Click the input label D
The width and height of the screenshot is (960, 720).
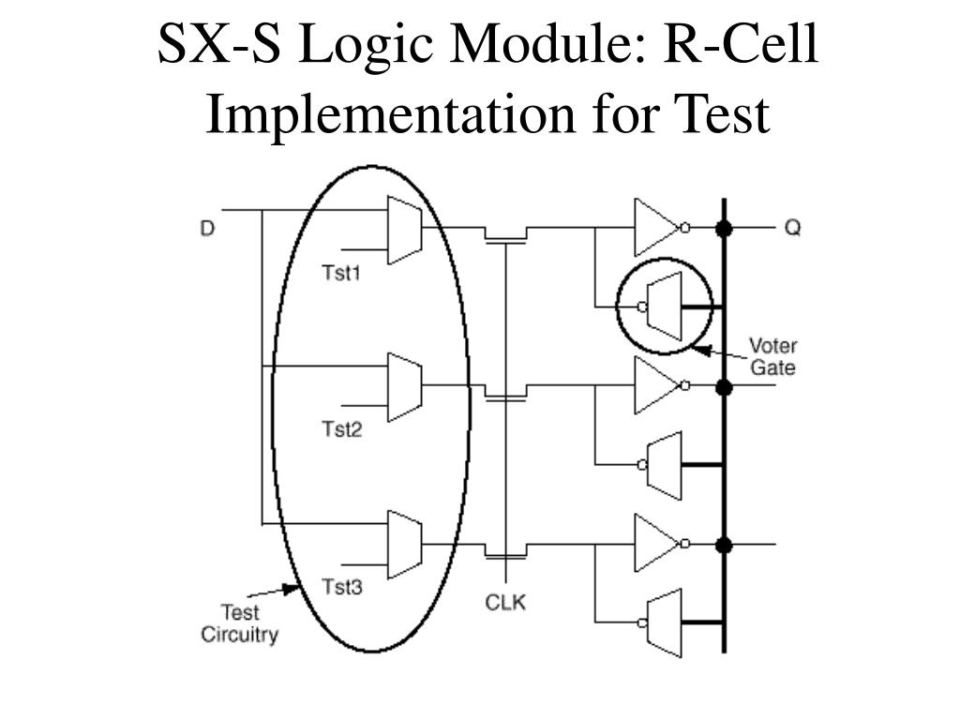pyautogui.click(x=207, y=228)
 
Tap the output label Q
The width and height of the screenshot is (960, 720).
pyautogui.click(x=792, y=228)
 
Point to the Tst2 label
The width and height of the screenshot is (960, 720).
pyautogui.click(x=341, y=429)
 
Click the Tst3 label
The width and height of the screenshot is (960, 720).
pyautogui.click(x=341, y=587)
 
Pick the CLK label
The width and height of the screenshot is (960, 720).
pyautogui.click(x=505, y=603)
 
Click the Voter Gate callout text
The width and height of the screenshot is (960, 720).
pyautogui.click(x=772, y=356)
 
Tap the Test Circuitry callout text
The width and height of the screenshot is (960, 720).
pyautogui.click(x=240, y=623)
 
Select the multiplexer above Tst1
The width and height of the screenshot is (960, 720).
pyautogui.click(x=405, y=230)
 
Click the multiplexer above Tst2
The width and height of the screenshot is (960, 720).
pyautogui.click(x=405, y=385)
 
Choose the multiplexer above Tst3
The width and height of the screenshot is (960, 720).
pyautogui.click(x=405, y=544)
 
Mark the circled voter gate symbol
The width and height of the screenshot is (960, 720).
pyautogui.click(x=665, y=307)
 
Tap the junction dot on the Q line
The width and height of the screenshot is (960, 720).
pyautogui.click(x=723, y=228)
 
